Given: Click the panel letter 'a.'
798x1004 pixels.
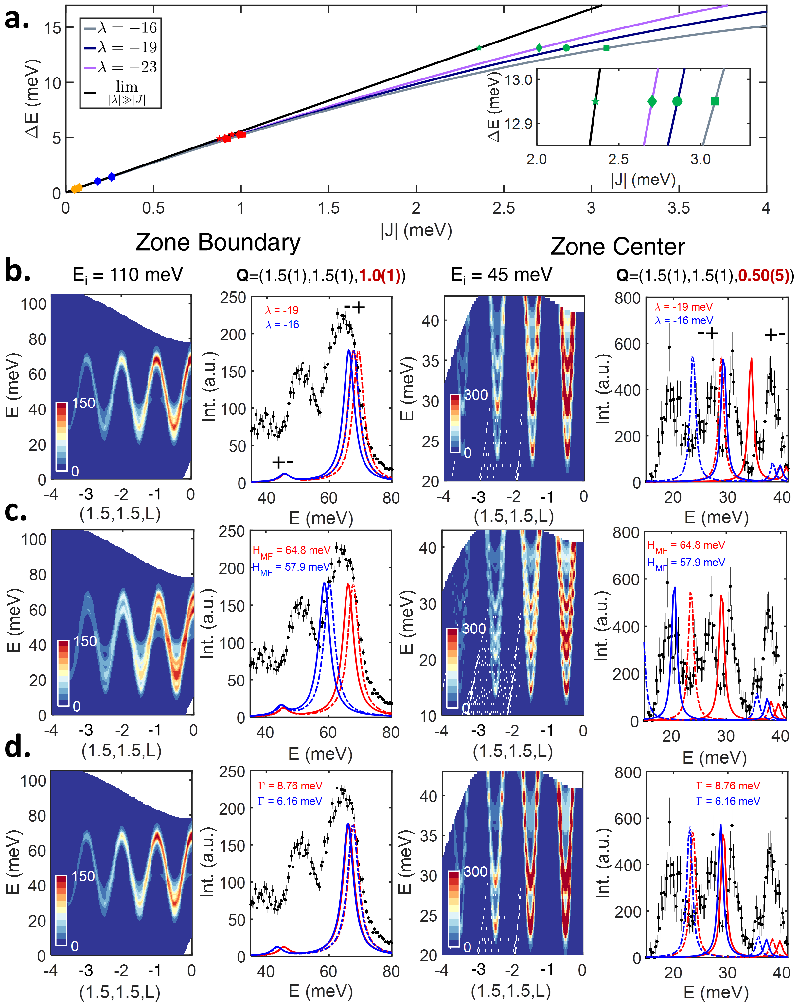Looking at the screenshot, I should point(17,20).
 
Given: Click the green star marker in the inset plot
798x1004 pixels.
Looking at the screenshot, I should point(595,101).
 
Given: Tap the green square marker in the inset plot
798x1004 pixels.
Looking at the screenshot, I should point(715,101).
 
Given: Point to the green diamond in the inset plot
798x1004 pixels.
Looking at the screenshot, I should point(652,101).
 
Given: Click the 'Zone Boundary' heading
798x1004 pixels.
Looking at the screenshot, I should point(218,243).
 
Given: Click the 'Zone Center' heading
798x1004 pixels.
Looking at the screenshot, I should point(617,247).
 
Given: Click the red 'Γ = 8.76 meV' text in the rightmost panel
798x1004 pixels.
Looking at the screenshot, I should point(728,786).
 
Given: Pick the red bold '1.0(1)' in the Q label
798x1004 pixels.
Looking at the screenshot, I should point(380,276).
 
